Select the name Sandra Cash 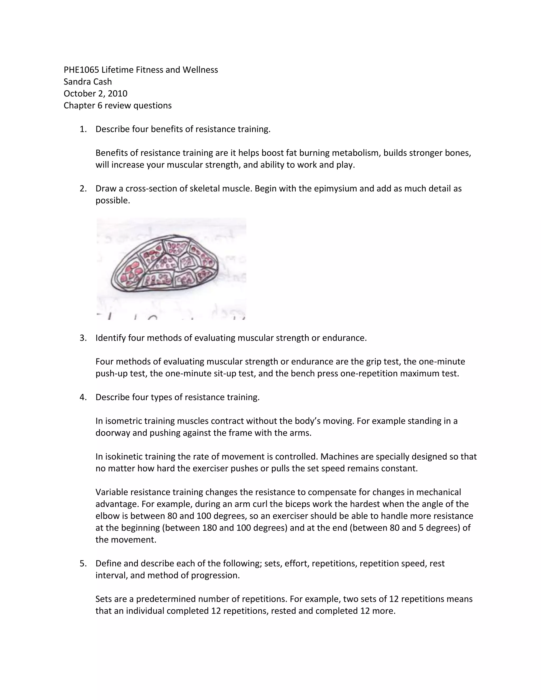pyautogui.click(x=87, y=82)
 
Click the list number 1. pyautogui.click(x=83, y=129)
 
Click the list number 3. pyautogui.click(x=83, y=338)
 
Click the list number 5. pyautogui.click(x=83, y=563)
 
